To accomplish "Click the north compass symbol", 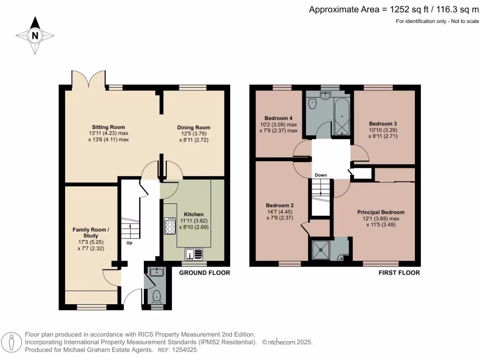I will click(35, 36).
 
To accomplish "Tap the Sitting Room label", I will click(108, 127).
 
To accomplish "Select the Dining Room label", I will click(194, 127).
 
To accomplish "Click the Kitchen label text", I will click(194, 214).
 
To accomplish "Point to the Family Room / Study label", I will click(91, 232).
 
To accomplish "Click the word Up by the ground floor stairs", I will click(129, 243).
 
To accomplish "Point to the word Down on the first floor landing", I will click(321, 175).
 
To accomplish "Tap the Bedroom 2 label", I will click(280, 205).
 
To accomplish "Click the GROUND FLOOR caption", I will click(205, 273).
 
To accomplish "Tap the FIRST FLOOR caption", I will click(399, 273).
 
